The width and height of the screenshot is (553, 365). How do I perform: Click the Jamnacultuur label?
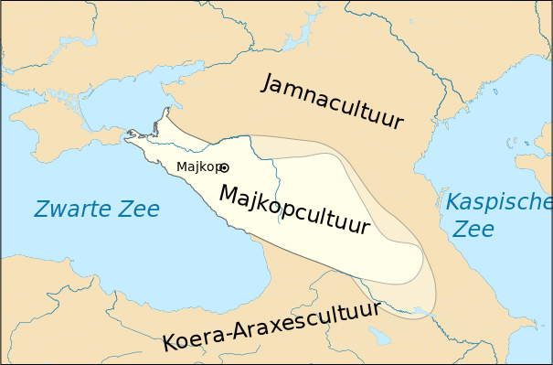332,102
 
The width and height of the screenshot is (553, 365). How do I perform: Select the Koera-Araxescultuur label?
271,325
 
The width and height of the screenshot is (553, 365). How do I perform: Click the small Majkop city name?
197,166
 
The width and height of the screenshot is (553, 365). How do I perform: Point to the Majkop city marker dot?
225,167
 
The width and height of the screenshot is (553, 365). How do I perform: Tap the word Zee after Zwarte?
140,209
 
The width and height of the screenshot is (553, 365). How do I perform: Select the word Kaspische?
498,203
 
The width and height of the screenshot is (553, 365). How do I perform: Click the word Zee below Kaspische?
473,229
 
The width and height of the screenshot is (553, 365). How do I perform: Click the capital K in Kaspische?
453,202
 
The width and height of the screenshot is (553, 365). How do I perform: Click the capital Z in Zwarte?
42,209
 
